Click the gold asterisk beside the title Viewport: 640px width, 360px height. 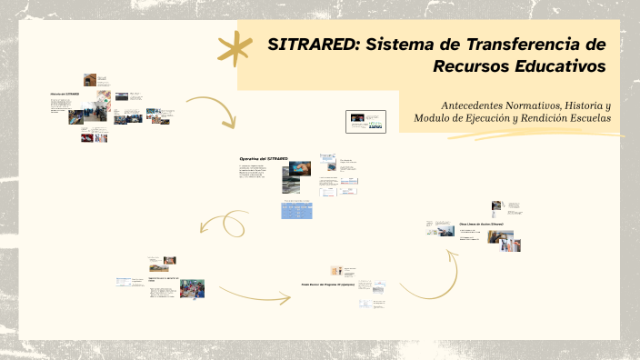coord(235,48)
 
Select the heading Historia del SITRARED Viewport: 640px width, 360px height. coord(65,94)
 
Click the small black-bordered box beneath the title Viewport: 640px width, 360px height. coord(366,121)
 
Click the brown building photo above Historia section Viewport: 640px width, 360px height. coord(90,80)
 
